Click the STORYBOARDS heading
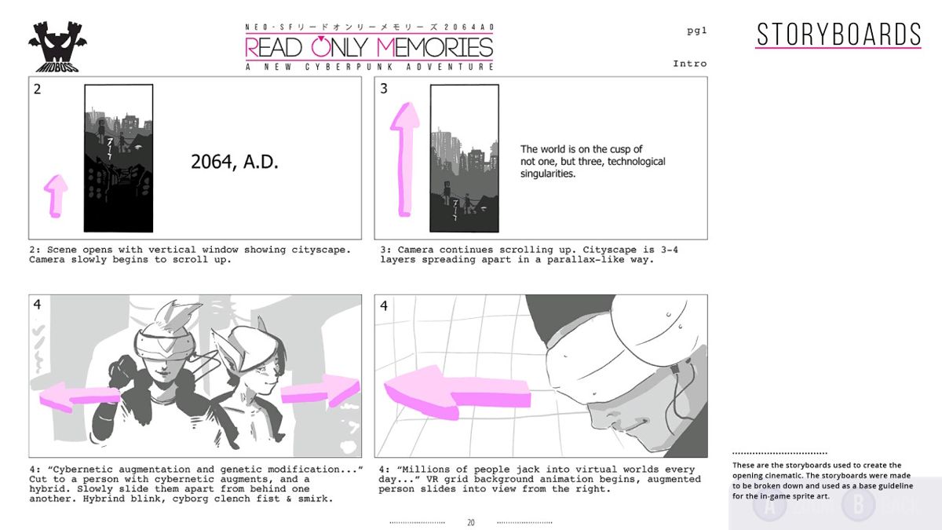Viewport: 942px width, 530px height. [838, 35]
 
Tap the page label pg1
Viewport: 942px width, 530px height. [696, 31]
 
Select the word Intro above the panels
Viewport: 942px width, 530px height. [689, 64]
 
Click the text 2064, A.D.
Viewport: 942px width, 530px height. [235, 162]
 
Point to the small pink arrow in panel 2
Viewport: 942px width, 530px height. [55, 195]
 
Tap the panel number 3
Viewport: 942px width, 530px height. [384, 89]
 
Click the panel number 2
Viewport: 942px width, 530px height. [37, 89]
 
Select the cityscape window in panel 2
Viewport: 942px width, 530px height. [119, 158]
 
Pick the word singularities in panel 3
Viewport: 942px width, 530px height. [548, 174]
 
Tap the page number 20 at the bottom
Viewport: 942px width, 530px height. [471, 522]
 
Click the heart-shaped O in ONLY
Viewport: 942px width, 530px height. [322, 47]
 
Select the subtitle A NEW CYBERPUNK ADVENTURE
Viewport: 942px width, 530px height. [369, 67]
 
